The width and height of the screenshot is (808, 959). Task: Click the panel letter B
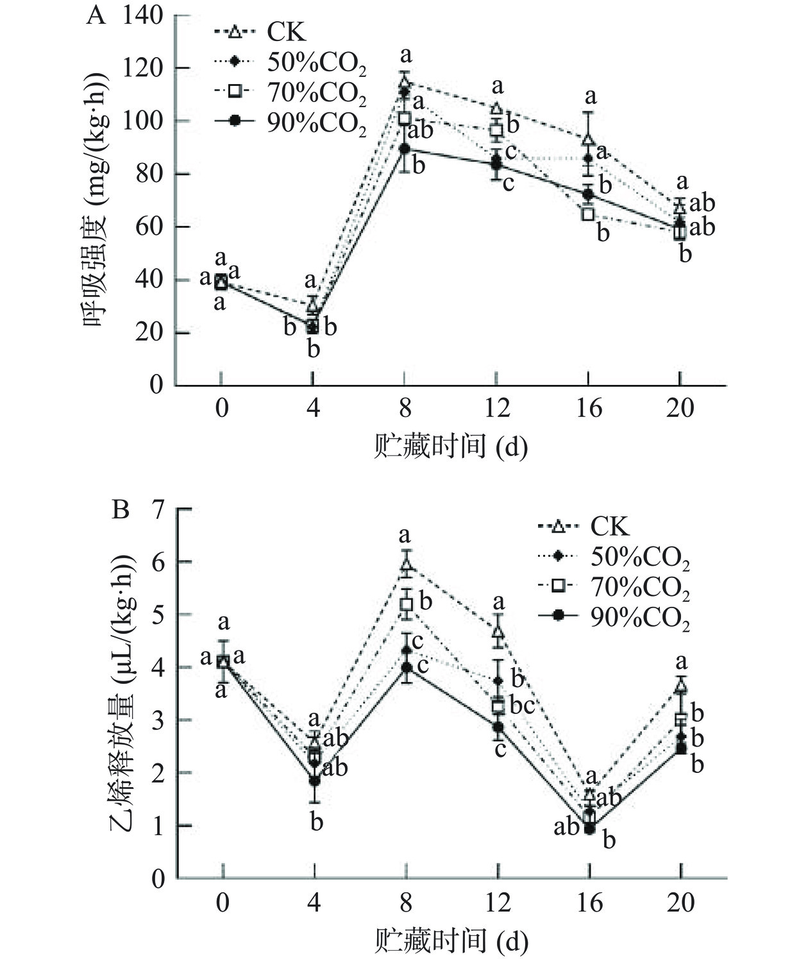(121, 510)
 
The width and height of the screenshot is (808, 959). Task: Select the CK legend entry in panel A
(287, 31)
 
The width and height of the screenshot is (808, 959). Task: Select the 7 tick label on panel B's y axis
(157, 509)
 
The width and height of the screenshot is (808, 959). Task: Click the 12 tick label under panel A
(496, 408)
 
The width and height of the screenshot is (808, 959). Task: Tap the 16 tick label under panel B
(589, 903)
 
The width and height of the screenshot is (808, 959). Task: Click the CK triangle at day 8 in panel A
(405, 82)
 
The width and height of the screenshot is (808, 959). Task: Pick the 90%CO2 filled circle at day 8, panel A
(405, 149)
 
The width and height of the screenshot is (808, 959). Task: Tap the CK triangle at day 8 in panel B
(406, 564)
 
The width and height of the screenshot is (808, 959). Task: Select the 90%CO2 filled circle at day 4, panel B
(314, 781)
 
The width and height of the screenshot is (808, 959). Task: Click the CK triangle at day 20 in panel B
(681, 687)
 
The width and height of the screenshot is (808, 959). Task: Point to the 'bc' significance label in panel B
(522, 706)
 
